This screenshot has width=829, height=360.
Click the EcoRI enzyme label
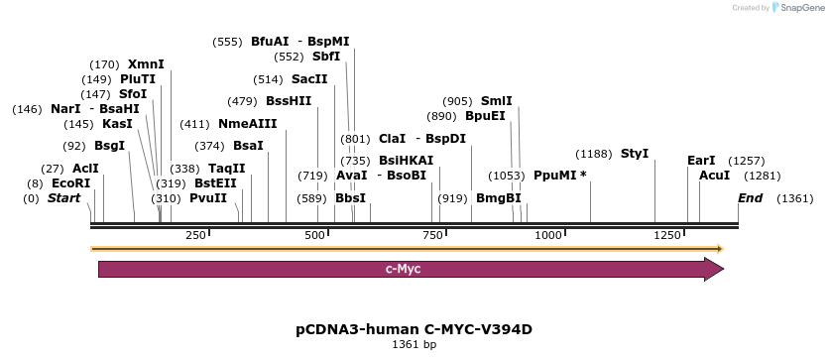click(70, 183)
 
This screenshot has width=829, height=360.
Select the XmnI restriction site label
click(146, 64)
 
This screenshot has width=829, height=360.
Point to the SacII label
click(309, 79)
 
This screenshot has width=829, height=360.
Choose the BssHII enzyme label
click(289, 101)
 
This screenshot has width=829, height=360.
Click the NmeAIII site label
click(247, 124)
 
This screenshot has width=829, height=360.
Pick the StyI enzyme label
click(635, 154)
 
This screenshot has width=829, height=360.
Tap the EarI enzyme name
click(701, 161)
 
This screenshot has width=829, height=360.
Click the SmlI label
click(497, 101)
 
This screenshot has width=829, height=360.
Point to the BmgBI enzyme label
click(498, 198)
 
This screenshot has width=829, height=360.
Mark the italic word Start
click(63, 198)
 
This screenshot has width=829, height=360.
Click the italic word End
click(751, 198)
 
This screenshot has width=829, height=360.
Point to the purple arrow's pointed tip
click(723, 269)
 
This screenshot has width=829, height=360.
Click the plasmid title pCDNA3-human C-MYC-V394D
click(414, 329)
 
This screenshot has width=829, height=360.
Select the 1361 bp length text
click(414, 345)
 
